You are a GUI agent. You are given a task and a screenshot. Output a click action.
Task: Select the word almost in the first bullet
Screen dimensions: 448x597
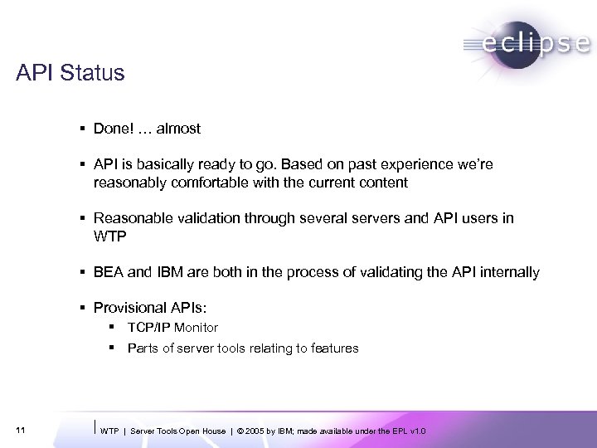point(178,129)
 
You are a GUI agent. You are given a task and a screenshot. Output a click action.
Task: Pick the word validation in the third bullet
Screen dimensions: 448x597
point(210,218)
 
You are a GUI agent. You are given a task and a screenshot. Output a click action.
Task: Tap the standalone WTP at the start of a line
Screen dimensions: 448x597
point(110,236)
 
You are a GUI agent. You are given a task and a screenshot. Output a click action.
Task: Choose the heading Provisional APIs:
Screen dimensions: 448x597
point(145,308)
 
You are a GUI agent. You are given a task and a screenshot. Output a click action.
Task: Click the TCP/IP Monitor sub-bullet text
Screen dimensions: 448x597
point(172,328)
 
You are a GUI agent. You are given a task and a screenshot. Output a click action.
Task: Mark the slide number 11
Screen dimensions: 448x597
point(20,430)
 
